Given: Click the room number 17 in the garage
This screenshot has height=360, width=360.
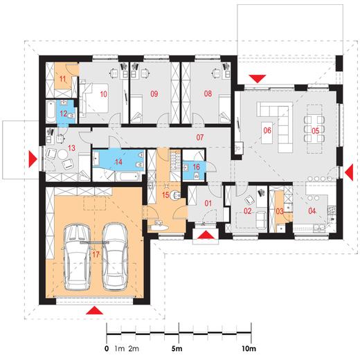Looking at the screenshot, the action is (x=96, y=255).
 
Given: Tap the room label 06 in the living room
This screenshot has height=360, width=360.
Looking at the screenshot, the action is (x=267, y=130).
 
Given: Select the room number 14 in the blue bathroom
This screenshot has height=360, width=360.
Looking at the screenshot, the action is (x=118, y=162).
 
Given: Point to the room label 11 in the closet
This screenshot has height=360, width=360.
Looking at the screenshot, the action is (x=62, y=79).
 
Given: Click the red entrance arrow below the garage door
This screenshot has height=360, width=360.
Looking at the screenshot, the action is (x=94, y=310).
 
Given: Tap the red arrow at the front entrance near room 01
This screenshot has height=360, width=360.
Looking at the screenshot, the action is (x=206, y=235).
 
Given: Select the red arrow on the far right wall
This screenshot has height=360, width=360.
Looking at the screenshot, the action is (x=349, y=172).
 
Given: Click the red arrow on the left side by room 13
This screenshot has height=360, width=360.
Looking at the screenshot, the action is (x=33, y=159).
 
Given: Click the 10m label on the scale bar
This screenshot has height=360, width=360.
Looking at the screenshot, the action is (x=249, y=349).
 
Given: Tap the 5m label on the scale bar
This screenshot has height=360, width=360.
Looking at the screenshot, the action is (x=177, y=349).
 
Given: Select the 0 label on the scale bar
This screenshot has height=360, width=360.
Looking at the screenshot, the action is (x=107, y=349).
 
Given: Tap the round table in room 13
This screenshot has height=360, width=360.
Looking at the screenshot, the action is (x=62, y=154).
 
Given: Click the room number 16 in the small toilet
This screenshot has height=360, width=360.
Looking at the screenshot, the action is (x=196, y=167).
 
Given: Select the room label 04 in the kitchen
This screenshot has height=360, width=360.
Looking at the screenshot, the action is (x=312, y=210).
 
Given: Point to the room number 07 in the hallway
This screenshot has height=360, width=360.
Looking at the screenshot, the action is (x=200, y=137).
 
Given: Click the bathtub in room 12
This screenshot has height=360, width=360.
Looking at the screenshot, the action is (x=51, y=111).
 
